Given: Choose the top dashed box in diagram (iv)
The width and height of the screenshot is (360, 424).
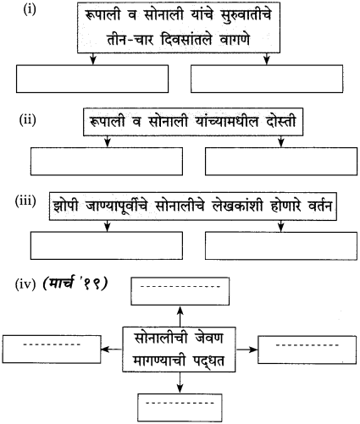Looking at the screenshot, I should (x=180, y=290).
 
